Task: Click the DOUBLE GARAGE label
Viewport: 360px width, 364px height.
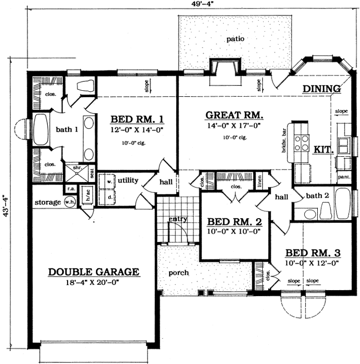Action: tap(93, 272)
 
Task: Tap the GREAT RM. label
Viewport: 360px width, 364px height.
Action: tap(234, 116)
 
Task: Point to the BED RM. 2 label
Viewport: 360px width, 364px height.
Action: tap(231, 221)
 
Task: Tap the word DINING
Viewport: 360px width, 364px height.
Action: tap(321, 89)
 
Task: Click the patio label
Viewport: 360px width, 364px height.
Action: tap(236, 39)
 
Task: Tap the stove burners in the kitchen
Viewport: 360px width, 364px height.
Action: tap(300, 143)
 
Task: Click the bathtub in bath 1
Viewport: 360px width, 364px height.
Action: tap(41, 130)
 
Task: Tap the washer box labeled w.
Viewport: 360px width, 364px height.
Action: tap(109, 181)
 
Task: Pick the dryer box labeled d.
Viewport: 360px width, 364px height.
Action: tap(109, 196)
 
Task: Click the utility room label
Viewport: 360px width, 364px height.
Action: tap(128, 181)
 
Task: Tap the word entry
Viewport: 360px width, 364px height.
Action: tap(177, 219)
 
